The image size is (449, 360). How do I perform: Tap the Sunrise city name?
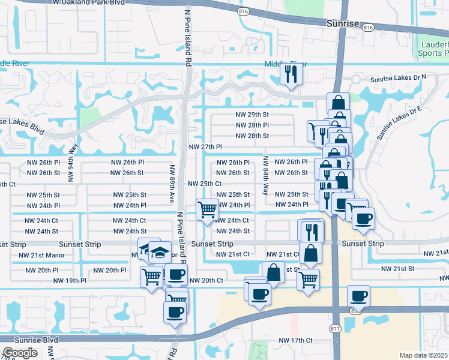coord(342,23)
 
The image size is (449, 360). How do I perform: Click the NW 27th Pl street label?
coord(205,147)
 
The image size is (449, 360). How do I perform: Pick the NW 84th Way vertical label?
coord(265,175)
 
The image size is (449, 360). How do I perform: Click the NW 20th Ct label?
coord(206,280)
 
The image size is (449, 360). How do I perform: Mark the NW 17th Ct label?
coord(296,340)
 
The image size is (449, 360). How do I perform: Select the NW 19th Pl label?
coord(70,280)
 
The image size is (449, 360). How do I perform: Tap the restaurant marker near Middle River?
coord(291,74)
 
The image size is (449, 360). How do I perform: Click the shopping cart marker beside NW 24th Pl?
coord(207,210)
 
